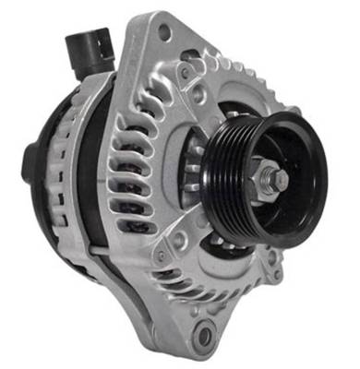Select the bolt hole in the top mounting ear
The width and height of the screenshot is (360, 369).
(x=164, y=34)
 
